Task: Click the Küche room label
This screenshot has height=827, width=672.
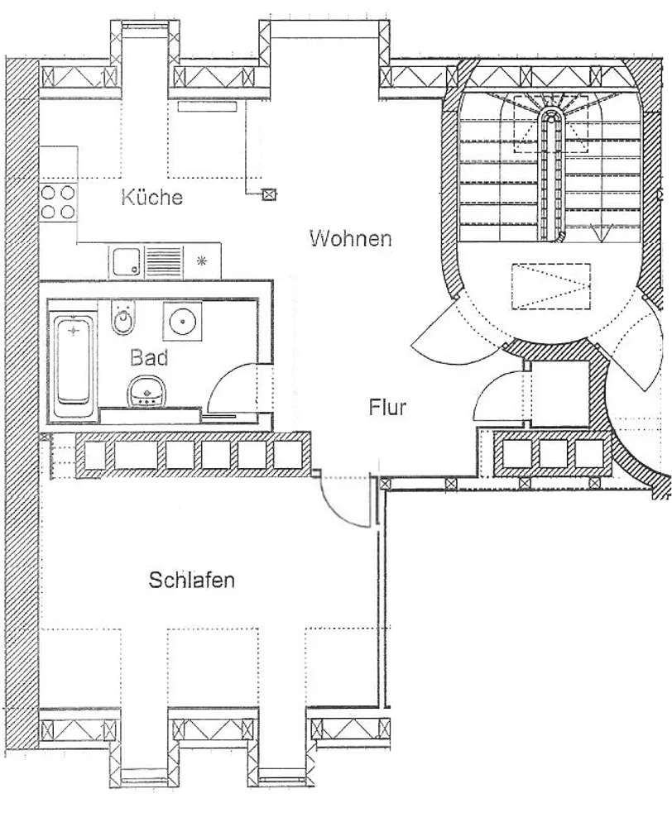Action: tap(151, 198)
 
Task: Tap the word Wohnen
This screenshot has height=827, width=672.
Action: tap(351, 238)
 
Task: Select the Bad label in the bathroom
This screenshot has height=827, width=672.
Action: tap(149, 357)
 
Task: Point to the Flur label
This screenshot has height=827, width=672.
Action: tap(387, 407)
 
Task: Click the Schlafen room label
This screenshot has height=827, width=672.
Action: tap(192, 580)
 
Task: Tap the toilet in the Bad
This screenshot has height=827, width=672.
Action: tap(124, 317)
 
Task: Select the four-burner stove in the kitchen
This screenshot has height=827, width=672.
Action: tap(58, 202)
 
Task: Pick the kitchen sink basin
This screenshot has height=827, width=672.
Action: tap(127, 262)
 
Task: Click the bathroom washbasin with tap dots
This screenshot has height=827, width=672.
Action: tap(146, 391)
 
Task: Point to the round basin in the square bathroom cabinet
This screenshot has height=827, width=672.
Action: tap(182, 321)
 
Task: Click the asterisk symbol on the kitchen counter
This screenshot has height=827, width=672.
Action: tap(202, 261)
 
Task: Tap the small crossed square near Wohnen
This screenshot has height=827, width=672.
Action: tap(269, 194)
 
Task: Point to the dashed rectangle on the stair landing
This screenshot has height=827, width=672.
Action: tap(550, 286)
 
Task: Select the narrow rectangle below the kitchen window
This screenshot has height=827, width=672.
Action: tap(208, 107)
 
